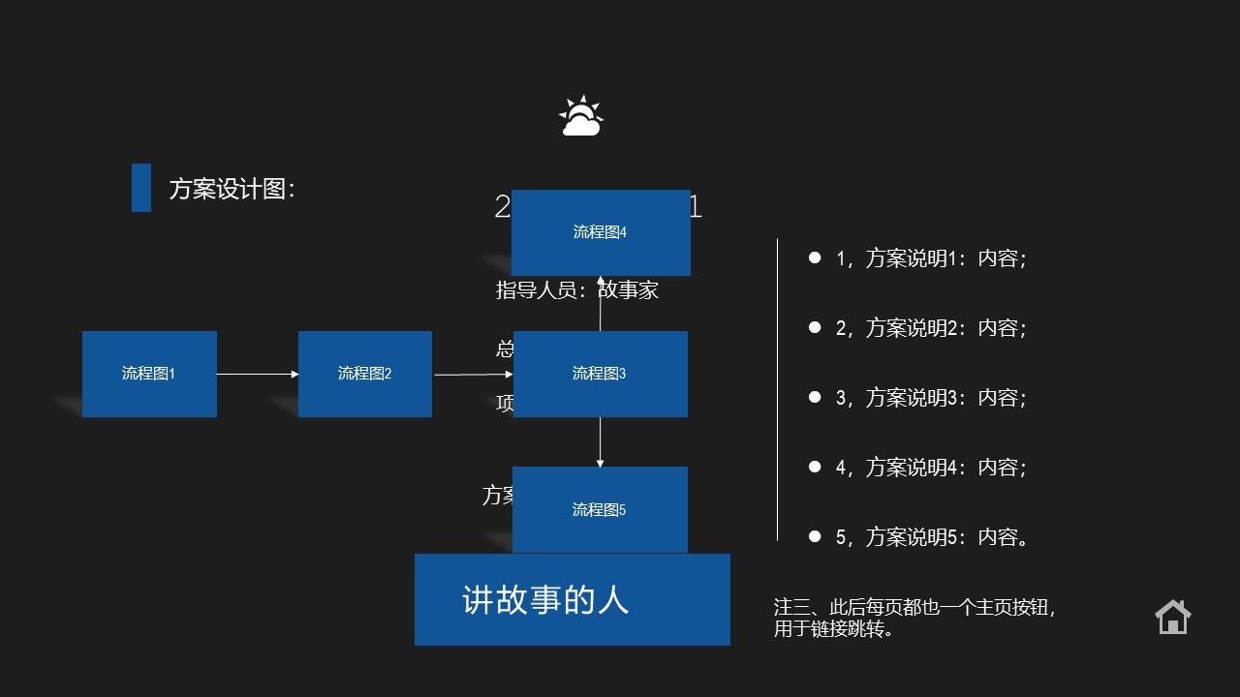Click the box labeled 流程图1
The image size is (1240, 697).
[x=149, y=374]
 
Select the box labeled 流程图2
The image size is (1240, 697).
[x=365, y=374]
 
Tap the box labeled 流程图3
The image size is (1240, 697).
[x=600, y=374]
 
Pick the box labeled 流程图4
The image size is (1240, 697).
[x=601, y=232]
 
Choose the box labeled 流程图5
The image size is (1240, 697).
[x=600, y=509]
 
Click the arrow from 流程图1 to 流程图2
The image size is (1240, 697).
[x=258, y=374]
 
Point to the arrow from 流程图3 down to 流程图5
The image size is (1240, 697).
[x=601, y=442]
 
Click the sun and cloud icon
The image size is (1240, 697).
[x=581, y=117]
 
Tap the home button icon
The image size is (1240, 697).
[x=1172, y=617]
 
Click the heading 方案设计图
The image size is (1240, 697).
[x=232, y=189]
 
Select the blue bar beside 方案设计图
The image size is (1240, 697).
[x=141, y=188]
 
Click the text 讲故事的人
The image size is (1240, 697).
[x=545, y=600]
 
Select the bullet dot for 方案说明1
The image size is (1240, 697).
[x=815, y=258]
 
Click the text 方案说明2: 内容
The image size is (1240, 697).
[x=931, y=328]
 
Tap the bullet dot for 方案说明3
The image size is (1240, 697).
[x=815, y=397]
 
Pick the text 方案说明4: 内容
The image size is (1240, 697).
[x=931, y=468]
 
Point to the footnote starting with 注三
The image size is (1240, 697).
[x=914, y=618]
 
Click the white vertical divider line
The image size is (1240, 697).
[x=777, y=387]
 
